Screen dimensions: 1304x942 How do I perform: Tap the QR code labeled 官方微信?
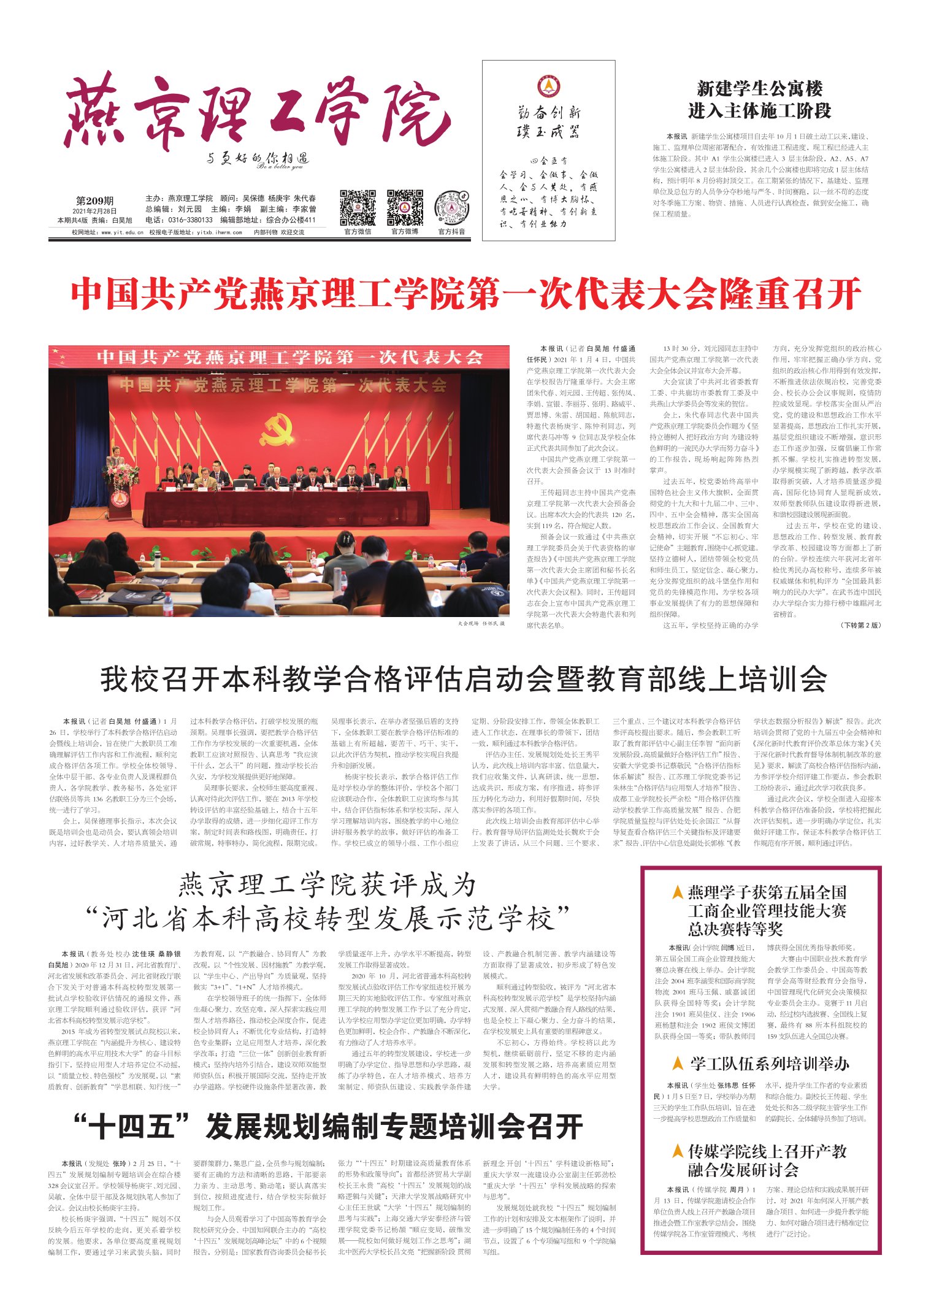(x=358, y=208)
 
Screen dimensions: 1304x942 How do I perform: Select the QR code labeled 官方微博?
(x=405, y=208)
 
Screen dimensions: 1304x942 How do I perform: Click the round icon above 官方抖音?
(x=451, y=209)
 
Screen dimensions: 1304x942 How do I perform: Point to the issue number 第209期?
(x=94, y=201)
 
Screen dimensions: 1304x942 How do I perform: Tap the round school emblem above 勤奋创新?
(x=548, y=86)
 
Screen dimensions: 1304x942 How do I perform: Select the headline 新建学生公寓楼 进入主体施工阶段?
(x=759, y=100)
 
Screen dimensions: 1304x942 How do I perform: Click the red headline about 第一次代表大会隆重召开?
(x=466, y=295)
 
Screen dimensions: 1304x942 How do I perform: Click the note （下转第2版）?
(x=860, y=625)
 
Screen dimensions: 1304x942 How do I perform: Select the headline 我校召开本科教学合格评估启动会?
(x=464, y=680)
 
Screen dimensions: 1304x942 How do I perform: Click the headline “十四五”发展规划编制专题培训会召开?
(x=328, y=1127)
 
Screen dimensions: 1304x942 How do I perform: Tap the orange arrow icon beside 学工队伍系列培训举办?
(x=678, y=1063)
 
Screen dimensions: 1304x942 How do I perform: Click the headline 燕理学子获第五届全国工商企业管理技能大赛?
(x=767, y=911)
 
